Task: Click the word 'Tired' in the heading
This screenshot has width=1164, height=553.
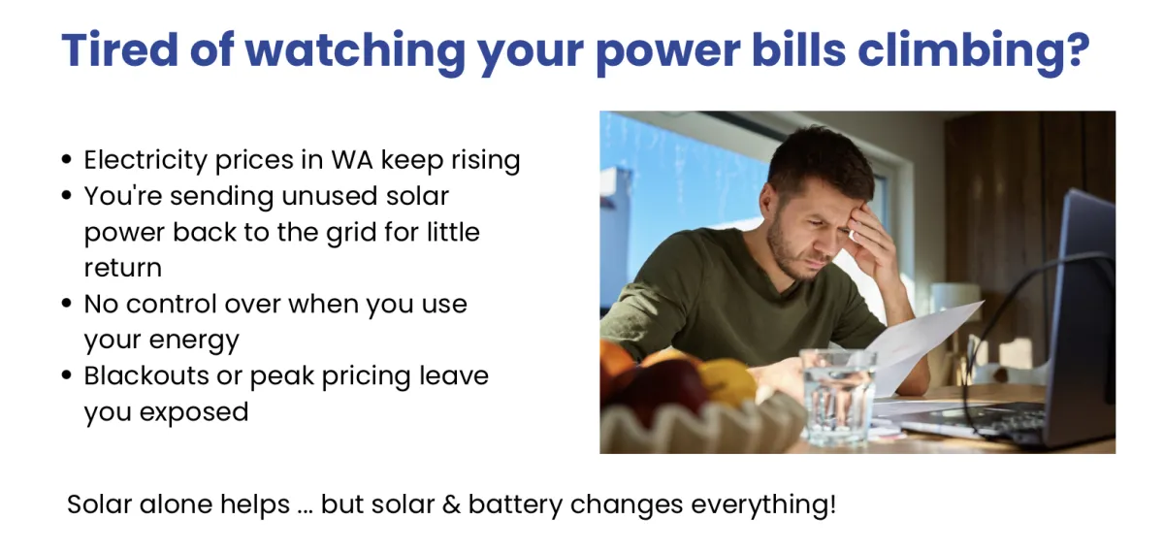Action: coord(120,50)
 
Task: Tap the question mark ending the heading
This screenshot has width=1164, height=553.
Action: coord(1076,49)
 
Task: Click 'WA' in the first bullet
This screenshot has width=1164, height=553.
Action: coord(352,159)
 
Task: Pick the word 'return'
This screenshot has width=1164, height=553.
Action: coord(123,269)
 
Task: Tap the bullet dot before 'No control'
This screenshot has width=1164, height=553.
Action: coord(66,303)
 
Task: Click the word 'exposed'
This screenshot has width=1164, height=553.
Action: coord(194,412)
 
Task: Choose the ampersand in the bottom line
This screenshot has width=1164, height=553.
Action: coord(451,504)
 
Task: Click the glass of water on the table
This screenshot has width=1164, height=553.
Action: coord(837,398)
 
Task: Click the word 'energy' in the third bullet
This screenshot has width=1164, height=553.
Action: coord(194,341)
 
